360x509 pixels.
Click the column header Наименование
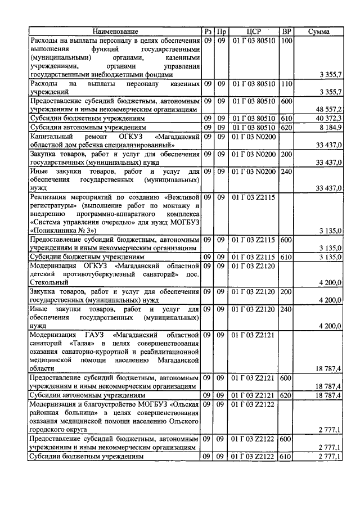tap(115, 31)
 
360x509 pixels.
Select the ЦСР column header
tap(254, 31)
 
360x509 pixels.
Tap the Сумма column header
tap(319, 31)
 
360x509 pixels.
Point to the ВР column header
tap(286, 31)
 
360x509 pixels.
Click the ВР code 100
tap(286, 40)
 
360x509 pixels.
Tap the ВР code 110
tap(286, 83)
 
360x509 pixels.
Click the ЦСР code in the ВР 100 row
tap(254, 40)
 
